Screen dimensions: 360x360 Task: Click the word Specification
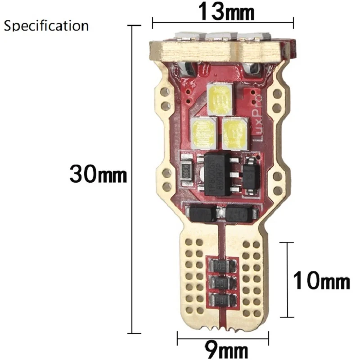coord(46,25)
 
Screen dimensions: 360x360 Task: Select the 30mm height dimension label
coord(98,173)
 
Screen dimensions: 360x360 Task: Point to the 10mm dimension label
coord(321,282)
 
